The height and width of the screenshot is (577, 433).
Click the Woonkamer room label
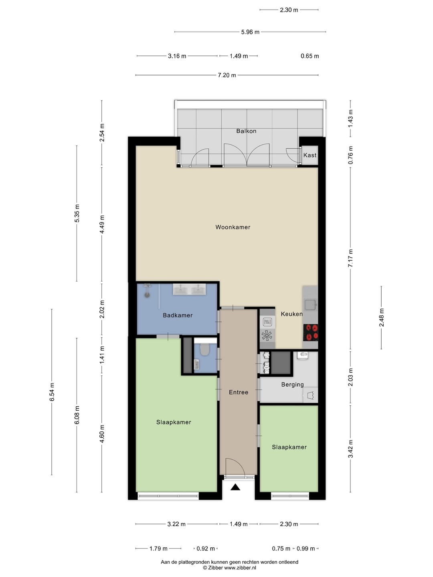[233, 227]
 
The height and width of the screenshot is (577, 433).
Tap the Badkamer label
[178, 315]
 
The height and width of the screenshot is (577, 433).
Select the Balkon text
[246, 131]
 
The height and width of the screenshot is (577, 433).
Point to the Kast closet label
[310, 155]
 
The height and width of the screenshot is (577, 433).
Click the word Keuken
[291, 314]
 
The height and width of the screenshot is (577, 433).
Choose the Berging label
[292, 385]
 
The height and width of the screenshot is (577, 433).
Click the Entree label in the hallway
[239, 392]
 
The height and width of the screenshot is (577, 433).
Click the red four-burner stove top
[310, 332]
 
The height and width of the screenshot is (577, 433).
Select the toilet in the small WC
[204, 349]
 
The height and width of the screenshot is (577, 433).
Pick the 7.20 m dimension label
[227, 75]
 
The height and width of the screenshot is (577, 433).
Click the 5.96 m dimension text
[250, 32]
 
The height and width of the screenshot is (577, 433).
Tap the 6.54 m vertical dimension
[52, 392]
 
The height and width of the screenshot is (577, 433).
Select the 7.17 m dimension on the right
[350, 258]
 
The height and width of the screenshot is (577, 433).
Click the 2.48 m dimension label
[381, 317]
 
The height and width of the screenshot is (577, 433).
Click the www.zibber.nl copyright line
[229, 567]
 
